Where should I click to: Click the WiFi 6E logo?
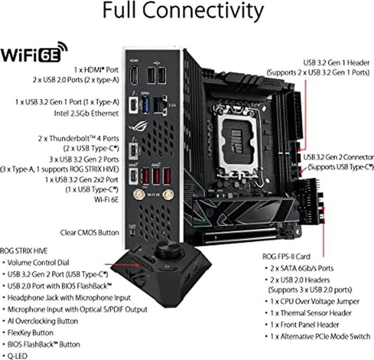tap(34, 52)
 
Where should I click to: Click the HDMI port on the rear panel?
tap(134, 75)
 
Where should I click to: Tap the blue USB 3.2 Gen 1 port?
tap(145, 104)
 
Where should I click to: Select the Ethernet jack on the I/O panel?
tap(160, 104)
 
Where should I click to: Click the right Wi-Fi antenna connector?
tap(168, 195)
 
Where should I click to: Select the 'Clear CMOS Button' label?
tap(90, 233)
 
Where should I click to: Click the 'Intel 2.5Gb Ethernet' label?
tap(86, 113)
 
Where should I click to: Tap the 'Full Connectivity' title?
tap(183, 11)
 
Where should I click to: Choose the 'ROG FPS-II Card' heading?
tap(286, 257)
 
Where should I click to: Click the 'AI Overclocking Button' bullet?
tap(43, 321)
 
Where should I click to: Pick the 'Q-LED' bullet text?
tap(18, 356)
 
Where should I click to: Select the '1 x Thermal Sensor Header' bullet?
tap(311, 313)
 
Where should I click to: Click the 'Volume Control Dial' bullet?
tap(38, 263)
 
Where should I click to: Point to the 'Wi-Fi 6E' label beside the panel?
tap(106, 199)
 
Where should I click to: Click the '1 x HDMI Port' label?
tap(96, 70)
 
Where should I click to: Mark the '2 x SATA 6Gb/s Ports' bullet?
tap(302, 269)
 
